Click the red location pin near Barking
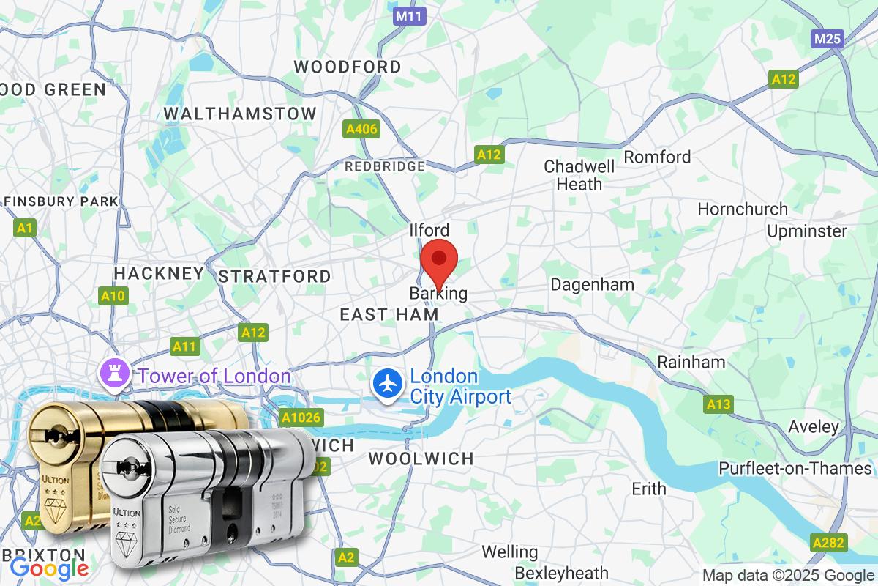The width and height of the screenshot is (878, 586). [439, 260]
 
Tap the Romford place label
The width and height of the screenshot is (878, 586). [657, 157]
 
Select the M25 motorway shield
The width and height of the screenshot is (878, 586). [828, 39]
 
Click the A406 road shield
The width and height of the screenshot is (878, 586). [361, 130]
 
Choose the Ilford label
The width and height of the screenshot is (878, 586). [430, 231]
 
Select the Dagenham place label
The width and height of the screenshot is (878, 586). [592, 284]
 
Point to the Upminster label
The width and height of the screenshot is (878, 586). [807, 231]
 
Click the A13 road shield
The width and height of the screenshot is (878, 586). [718, 404]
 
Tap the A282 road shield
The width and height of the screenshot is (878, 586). [829, 543]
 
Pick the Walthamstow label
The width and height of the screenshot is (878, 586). [240, 114]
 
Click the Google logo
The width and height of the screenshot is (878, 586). [49, 568]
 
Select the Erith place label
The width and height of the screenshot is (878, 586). [648, 489]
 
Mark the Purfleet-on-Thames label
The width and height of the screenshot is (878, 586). [795, 468]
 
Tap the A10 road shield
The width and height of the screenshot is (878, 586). [113, 296]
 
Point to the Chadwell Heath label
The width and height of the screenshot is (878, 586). [579, 175]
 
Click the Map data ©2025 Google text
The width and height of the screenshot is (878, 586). [788, 575]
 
